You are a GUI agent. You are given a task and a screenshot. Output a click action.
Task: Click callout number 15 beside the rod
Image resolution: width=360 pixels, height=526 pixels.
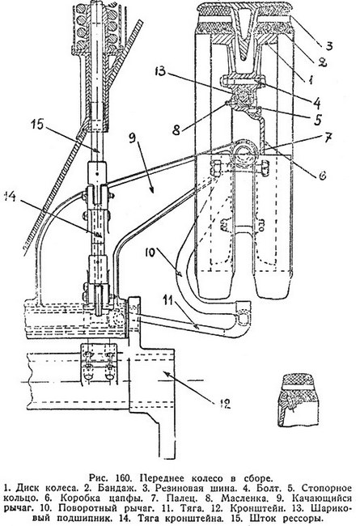[x=37, y=125]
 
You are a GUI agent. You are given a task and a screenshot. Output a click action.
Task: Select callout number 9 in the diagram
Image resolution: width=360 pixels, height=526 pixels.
[x=132, y=138]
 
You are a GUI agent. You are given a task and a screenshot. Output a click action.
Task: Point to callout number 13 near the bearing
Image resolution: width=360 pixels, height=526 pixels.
[x=161, y=72]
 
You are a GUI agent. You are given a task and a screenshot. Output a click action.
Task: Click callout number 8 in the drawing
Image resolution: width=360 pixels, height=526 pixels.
[x=177, y=129]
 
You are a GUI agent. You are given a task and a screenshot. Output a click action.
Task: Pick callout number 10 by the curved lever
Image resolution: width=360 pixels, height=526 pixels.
[x=150, y=252]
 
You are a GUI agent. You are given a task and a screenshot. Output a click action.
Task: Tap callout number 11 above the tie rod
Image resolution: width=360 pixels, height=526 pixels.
[x=169, y=300]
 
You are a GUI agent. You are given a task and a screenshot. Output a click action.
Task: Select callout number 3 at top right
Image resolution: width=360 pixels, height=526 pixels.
[x=329, y=45]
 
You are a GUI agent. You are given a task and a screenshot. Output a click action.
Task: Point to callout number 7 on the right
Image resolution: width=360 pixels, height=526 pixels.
[x=328, y=137]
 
